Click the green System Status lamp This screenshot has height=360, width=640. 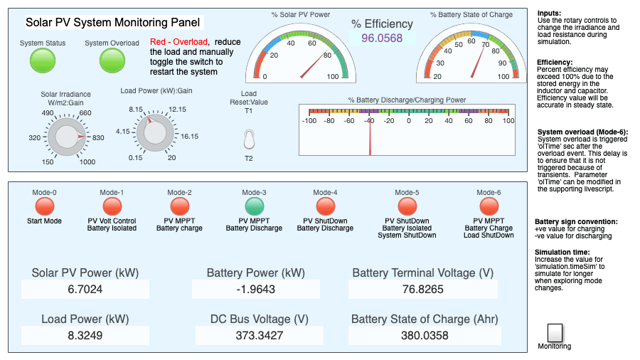(x=43, y=60)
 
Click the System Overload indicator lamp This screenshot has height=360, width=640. (x=112, y=60)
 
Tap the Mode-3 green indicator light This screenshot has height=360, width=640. (x=255, y=206)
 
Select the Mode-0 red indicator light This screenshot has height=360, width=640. (x=45, y=206)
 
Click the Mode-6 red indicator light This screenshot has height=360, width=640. (x=489, y=206)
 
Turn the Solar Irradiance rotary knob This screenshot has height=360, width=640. (x=67, y=137)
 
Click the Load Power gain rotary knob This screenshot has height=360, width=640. (x=156, y=132)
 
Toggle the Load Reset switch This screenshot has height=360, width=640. (x=249, y=139)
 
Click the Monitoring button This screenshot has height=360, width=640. (x=555, y=333)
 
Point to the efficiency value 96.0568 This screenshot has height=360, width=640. (x=382, y=38)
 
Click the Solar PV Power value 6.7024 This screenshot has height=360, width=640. (x=85, y=289)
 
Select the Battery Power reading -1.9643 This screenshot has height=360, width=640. (x=256, y=289)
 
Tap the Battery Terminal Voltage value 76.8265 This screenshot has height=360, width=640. (x=423, y=289)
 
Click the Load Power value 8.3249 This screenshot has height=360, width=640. (x=85, y=336)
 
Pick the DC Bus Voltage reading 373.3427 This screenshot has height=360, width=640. (x=260, y=336)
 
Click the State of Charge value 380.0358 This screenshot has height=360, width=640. (x=425, y=336)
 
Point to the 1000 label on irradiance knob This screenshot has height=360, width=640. (x=87, y=162)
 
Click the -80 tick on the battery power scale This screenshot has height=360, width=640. (x=329, y=121)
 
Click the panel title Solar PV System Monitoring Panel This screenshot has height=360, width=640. (x=112, y=22)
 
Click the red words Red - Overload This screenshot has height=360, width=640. (x=178, y=42)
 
